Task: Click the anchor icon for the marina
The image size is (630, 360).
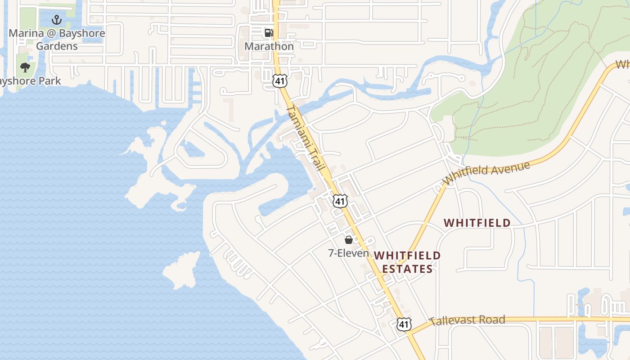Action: pyautogui.click(x=57, y=20)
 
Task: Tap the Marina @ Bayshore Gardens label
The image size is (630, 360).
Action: pyautogui.click(x=57, y=40)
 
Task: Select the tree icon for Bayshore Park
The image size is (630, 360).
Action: pyautogui.click(x=25, y=67)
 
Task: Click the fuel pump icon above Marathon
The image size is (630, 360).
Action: pyautogui.click(x=269, y=32)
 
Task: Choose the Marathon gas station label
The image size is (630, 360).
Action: pyautogui.click(x=269, y=46)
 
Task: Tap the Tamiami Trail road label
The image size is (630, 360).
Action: pyautogui.click(x=306, y=138)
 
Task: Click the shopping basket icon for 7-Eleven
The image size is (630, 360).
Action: pyautogui.click(x=348, y=240)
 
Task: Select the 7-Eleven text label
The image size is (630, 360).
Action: pyautogui.click(x=348, y=253)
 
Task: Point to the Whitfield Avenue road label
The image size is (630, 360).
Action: pyautogui.click(x=486, y=173)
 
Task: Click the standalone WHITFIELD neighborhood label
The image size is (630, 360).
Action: pyautogui.click(x=477, y=223)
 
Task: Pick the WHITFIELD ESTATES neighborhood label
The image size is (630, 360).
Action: pyautogui.click(x=407, y=262)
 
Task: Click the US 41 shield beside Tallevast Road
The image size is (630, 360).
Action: pyautogui.click(x=404, y=324)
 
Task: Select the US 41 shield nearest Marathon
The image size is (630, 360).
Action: pyautogui.click(x=279, y=81)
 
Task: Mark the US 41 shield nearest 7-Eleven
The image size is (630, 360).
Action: pyautogui.click(x=340, y=201)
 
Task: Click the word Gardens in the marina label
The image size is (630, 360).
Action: pyautogui.click(x=57, y=46)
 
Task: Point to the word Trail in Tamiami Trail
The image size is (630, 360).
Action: pyautogui.click(x=316, y=159)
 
